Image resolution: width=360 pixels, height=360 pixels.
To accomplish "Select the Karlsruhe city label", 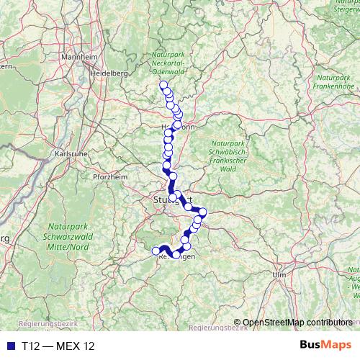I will tap(71, 153).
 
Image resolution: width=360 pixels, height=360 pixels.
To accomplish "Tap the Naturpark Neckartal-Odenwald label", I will tap(169, 64).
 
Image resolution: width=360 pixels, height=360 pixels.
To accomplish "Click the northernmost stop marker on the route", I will tap(163, 85).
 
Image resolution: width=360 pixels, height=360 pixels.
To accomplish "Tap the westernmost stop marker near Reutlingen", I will tap(156, 251).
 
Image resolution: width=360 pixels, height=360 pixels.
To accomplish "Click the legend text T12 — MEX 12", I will tap(58, 346).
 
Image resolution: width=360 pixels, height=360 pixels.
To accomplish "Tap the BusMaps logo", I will tap(325, 346).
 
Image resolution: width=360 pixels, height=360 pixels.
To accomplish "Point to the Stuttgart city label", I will tap(171, 199).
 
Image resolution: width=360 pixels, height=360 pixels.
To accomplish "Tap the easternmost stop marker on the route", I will tap(203, 212).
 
